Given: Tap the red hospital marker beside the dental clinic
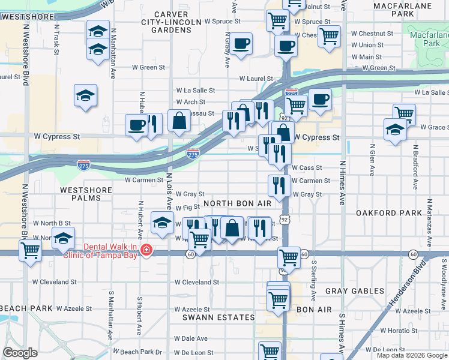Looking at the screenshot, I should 145,250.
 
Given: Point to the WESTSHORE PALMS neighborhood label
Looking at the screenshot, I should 86,194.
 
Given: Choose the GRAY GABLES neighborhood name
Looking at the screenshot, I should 354,291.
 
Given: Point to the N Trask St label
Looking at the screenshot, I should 56,40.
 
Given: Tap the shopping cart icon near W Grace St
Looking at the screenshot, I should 405,113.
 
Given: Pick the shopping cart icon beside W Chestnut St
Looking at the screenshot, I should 329,35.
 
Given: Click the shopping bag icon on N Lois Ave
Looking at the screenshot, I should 179,120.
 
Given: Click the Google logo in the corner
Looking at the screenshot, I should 20,353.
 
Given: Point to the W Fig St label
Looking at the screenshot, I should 188,207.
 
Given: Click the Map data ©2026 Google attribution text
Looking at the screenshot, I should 412,355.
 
